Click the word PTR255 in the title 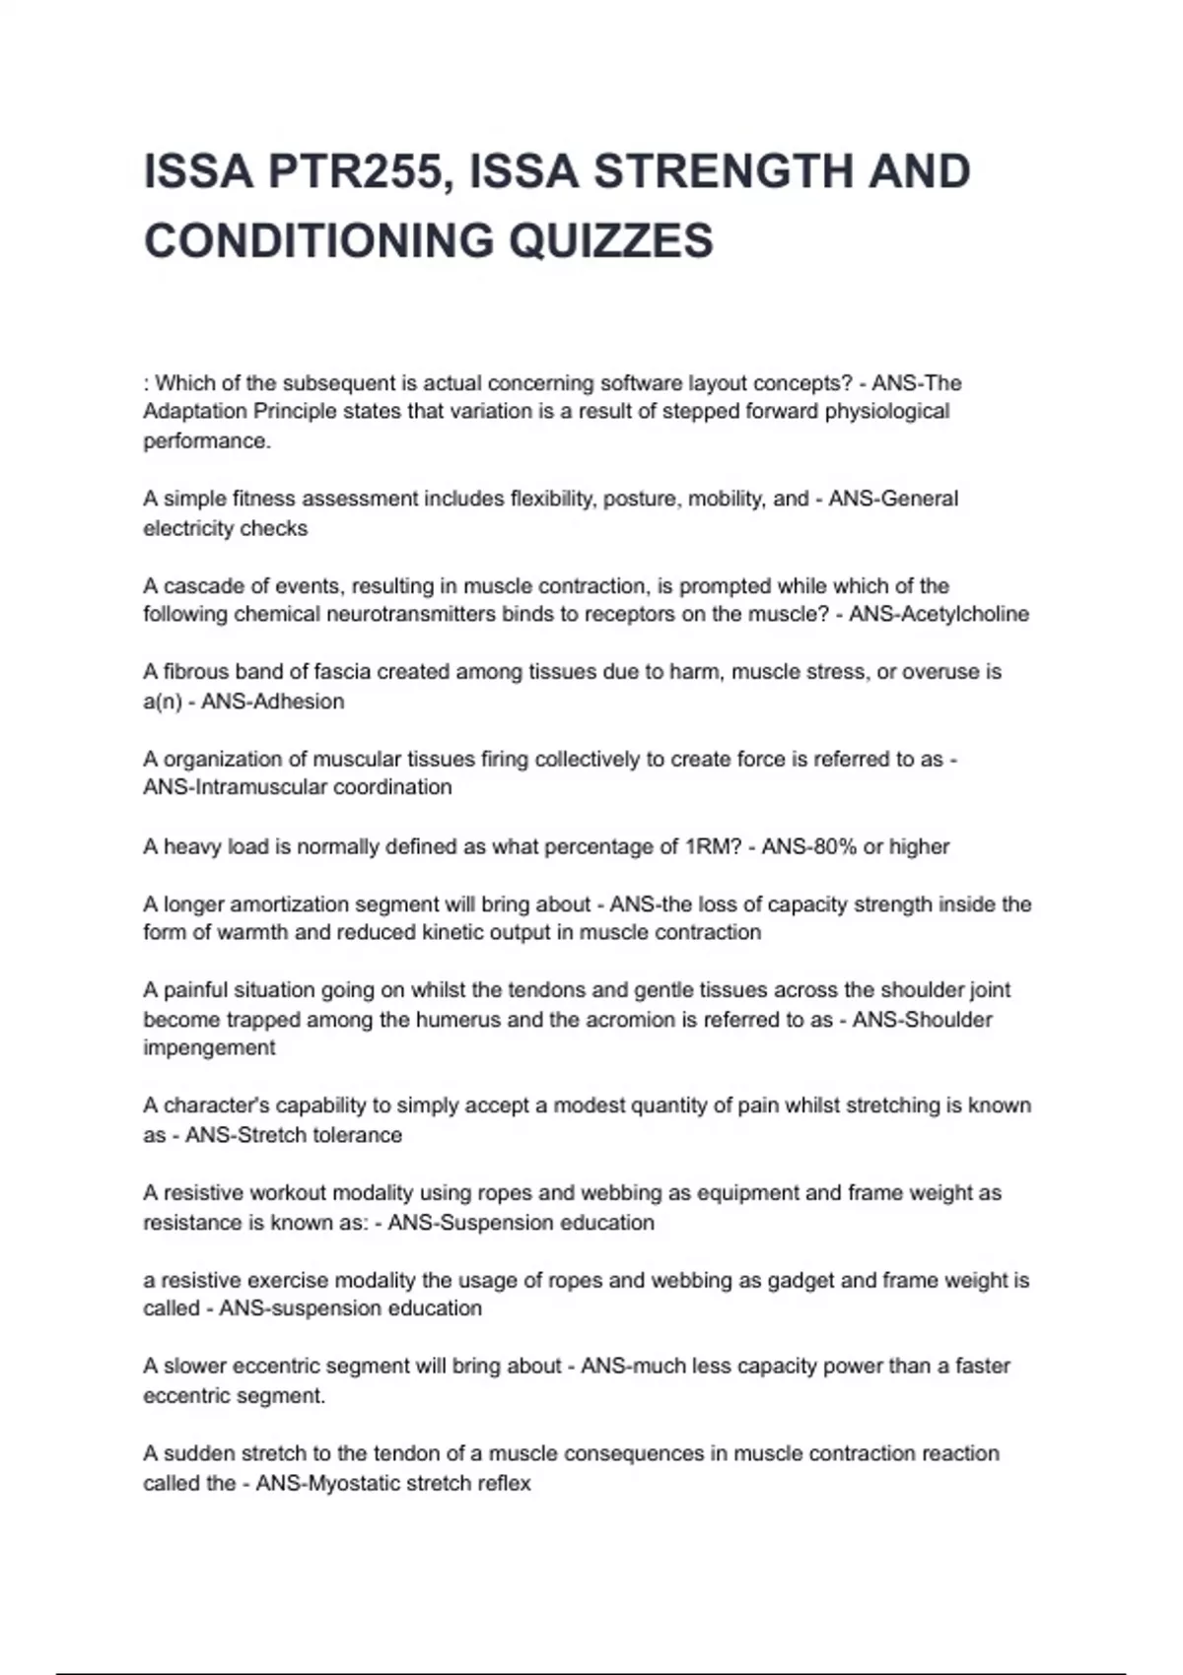click(354, 172)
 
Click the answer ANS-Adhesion click(273, 702)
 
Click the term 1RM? click(713, 847)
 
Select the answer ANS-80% click(808, 847)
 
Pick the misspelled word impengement click(209, 1048)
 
